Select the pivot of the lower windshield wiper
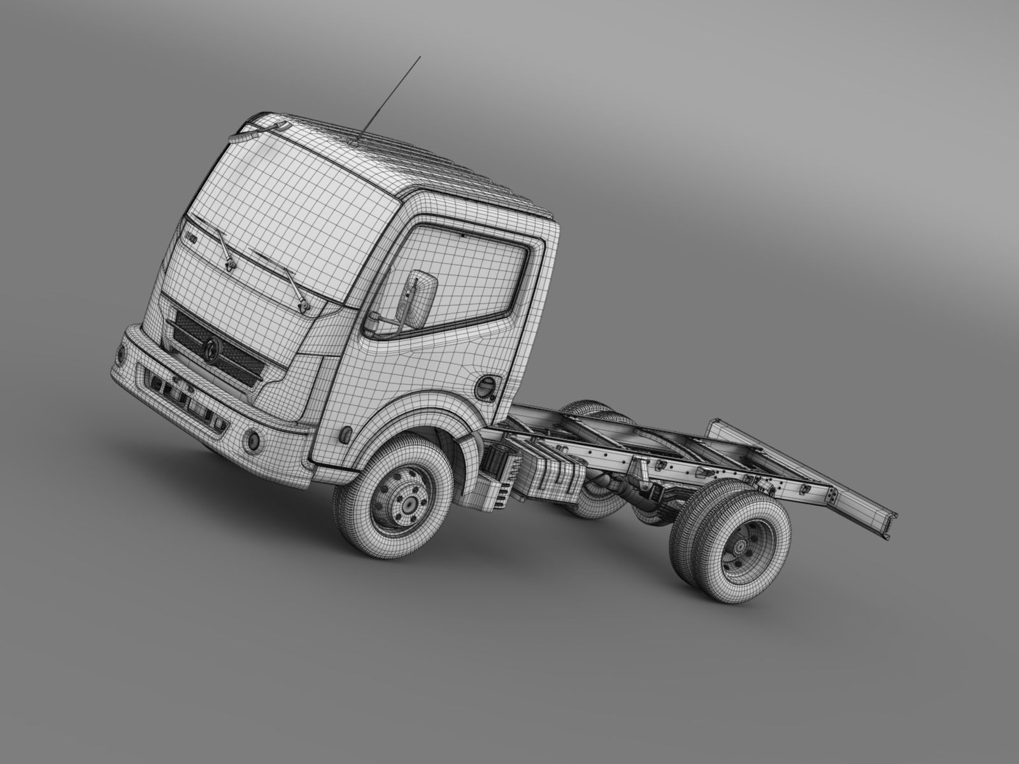(x=302, y=304)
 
